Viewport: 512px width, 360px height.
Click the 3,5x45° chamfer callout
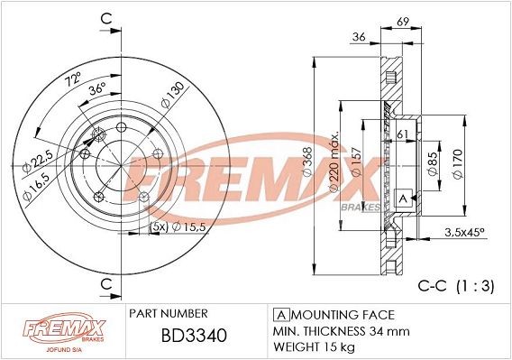463,233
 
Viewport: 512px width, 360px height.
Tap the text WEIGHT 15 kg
314,346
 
